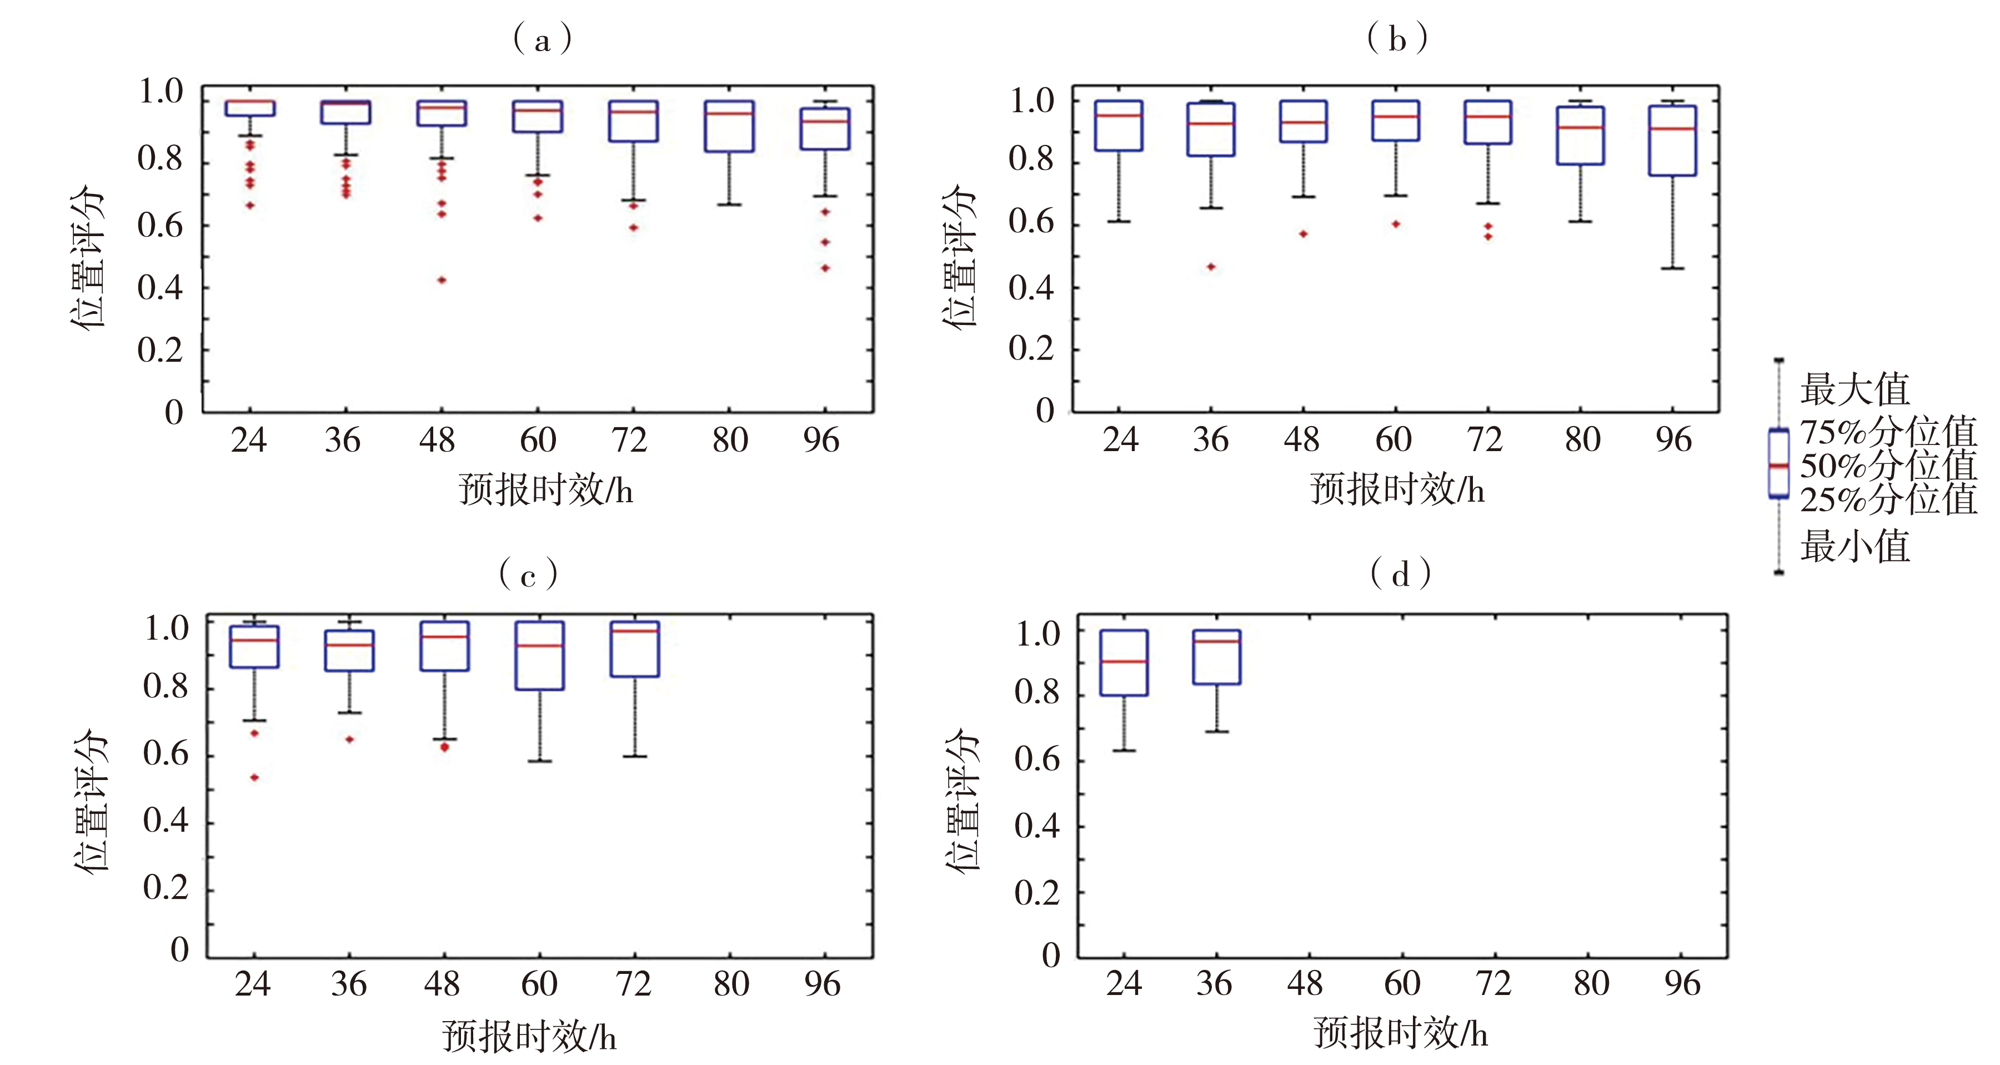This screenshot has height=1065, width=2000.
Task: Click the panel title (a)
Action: click(542, 39)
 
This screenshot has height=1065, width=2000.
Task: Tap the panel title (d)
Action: click(1400, 576)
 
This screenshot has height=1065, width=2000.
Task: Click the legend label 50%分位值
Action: click(1887, 466)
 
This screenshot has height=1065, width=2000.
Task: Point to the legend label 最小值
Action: click(1854, 547)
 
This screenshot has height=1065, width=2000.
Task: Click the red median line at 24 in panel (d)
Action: click(1124, 662)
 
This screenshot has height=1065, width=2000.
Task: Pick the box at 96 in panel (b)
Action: click(1672, 141)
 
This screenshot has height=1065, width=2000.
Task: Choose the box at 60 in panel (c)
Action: click(540, 656)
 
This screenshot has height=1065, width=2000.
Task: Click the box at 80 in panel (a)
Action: click(729, 126)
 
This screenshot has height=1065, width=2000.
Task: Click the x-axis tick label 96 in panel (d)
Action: click(1682, 984)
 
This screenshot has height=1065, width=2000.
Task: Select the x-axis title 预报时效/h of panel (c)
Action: click(529, 1036)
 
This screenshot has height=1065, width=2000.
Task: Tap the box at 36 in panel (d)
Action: click(1217, 657)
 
